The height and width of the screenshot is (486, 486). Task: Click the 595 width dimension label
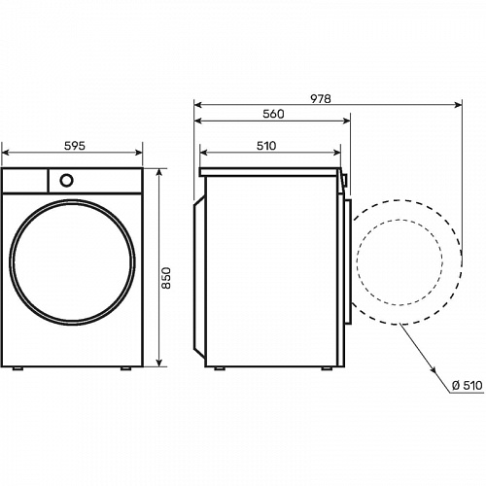[x=75, y=146]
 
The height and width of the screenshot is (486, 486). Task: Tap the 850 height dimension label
[x=166, y=278]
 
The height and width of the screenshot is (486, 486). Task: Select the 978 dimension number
[x=321, y=98]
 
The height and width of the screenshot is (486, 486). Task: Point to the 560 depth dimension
[x=273, y=114]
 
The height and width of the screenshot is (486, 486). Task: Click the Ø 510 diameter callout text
[x=468, y=385]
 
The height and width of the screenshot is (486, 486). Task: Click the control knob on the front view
[x=66, y=181]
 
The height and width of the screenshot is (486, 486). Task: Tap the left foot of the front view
[x=17, y=368]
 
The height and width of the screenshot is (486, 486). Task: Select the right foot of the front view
[x=125, y=368]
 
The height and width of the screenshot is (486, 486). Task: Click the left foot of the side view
[x=220, y=368]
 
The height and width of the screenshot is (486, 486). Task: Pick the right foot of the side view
[x=327, y=368]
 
